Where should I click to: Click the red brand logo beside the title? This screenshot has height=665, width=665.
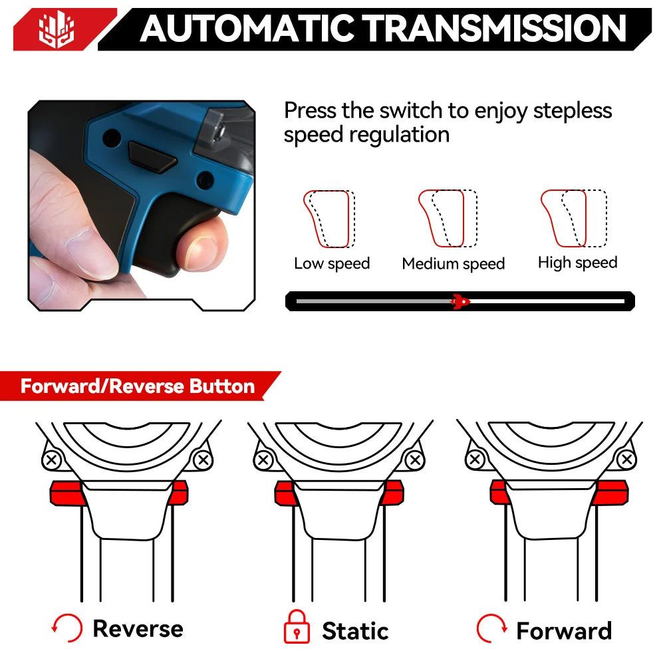(x=57, y=29)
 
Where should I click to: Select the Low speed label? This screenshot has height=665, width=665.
(x=332, y=263)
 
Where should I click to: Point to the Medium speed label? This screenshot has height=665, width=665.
(x=453, y=264)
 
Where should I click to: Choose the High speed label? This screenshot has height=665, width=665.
(x=577, y=263)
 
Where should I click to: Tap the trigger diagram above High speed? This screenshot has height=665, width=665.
(x=573, y=218)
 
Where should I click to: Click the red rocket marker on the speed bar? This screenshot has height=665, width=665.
(x=460, y=301)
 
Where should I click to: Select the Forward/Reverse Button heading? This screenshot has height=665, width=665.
(x=138, y=386)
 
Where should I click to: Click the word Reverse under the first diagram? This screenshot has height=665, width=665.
(x=138, y=628)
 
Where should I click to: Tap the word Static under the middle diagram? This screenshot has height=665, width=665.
(x=355, y=630)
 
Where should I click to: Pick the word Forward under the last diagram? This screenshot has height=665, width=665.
(x=564, y=630)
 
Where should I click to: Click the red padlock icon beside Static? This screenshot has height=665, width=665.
(x=297, y=627)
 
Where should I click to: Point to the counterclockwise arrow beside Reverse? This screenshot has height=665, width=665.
(x=66, y=628)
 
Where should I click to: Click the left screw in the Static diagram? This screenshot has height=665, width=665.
(x=264, y=460)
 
